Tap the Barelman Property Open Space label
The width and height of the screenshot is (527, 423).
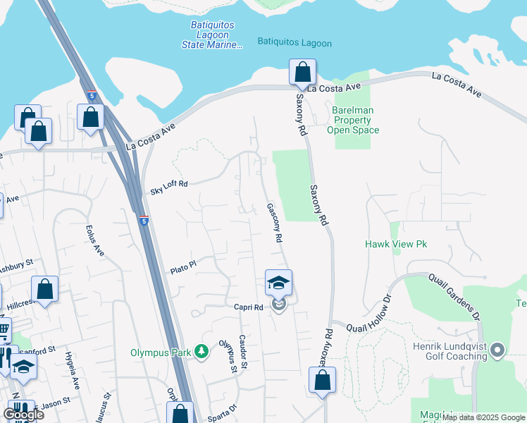(353, 120)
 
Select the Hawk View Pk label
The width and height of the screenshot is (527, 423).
(396, 244)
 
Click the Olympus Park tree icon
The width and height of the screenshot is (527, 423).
(201, 351)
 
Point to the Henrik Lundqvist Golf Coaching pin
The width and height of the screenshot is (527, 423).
(497, 349)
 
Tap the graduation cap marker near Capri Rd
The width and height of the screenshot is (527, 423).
(278, 283)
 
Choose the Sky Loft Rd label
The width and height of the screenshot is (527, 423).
(169, 188)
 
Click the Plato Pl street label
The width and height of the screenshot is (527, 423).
(182, 270)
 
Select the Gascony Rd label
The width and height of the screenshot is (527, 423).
(274, 223)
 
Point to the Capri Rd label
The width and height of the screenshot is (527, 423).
(249, 307)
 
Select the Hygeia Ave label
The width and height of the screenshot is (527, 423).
(73, 369)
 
